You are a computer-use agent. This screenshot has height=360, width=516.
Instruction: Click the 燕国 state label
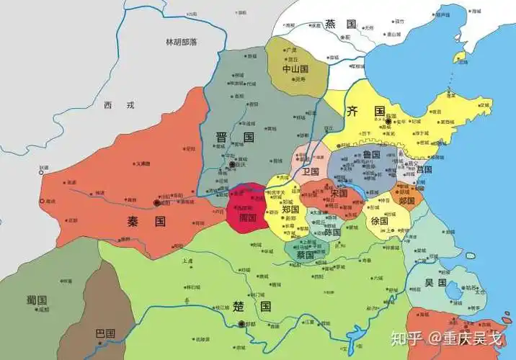click(x=341, y=24)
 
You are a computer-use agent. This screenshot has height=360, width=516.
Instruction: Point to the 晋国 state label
click(x=235, y=137)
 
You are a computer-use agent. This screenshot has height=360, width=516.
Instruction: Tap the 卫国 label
click(x=311, y=172)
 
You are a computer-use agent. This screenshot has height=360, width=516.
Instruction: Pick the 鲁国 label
click(x=372, y=154)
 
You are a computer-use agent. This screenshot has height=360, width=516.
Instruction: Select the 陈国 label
click(x=332, y=232)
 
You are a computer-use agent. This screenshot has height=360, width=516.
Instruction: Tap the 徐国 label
click(x=380, y=221)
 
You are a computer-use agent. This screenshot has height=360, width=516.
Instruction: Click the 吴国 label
click(x=435, y=282)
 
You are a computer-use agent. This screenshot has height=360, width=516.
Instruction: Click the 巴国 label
click(x=105, y=333)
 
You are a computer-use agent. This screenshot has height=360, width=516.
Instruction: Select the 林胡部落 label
click(x=180, y=42)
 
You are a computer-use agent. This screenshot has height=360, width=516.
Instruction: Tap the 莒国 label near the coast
click(x=424, y=169)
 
